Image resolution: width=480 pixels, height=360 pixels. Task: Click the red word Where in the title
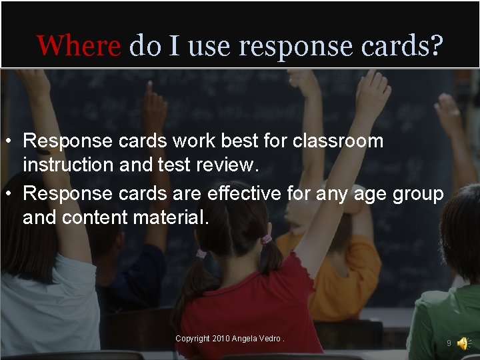click(x=79, y=46)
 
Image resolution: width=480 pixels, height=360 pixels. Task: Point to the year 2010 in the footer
click(x=221, y=339)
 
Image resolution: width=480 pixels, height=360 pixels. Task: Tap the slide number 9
click(x=449, y=343)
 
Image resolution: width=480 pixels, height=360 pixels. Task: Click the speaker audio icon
click(x=463, y=343)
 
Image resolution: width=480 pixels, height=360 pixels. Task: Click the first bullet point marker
click(x=8, y=141)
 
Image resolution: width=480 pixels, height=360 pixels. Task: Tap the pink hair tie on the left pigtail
click(x=201, y=253)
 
